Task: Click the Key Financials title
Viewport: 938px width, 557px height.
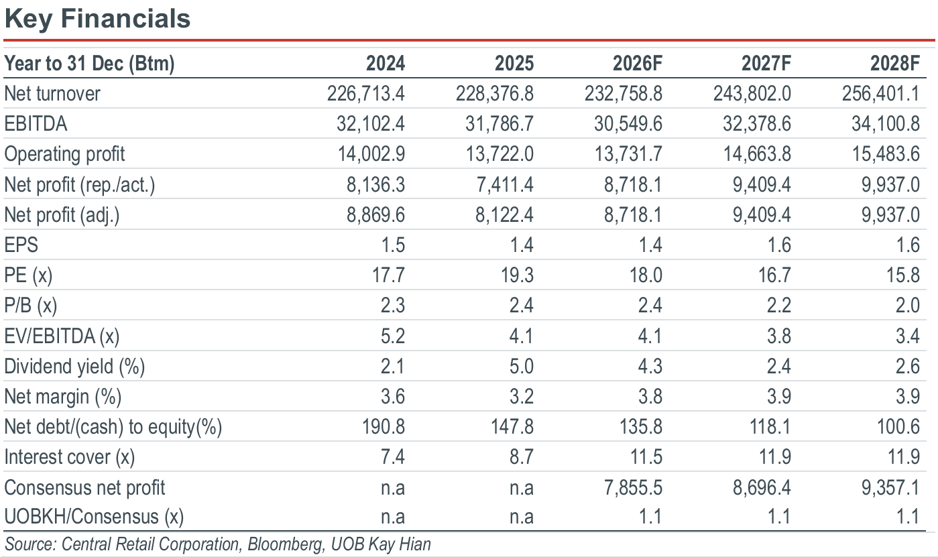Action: point(97,19)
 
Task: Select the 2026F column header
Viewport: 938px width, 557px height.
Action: point(638,63)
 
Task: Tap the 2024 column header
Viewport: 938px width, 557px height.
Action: point(386,63)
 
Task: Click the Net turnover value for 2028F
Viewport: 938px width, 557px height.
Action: point(880,93)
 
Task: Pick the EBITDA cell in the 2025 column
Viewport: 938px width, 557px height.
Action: point(499,124)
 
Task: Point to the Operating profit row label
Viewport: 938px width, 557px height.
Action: point(64,154)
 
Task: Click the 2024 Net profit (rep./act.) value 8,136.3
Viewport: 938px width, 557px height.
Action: point(375,184)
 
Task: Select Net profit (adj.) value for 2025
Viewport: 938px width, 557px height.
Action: point(504,214)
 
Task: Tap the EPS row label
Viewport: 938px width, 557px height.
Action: point(21,245)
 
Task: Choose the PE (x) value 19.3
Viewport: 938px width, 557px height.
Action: point(517,275)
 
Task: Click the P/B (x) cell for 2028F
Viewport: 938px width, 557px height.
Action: point(907,306)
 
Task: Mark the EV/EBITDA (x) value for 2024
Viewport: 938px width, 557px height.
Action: point(393,336)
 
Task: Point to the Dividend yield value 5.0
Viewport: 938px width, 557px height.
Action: point(522,366)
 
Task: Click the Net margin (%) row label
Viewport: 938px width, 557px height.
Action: point(63,397)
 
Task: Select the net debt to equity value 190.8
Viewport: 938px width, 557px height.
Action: point(383,427)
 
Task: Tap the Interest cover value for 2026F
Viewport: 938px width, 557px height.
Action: point(646,457)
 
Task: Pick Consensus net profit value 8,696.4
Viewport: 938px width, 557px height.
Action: point(762,488)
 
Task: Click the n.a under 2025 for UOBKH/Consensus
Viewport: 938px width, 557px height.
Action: point(522,517)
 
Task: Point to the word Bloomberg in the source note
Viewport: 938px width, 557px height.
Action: point(286,544)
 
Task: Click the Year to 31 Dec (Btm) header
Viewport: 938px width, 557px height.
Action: point(89,64)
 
